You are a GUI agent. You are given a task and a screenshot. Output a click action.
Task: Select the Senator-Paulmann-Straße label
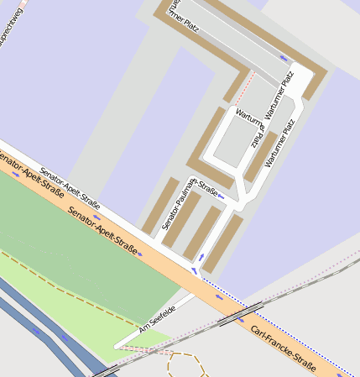click(x=190, y=202)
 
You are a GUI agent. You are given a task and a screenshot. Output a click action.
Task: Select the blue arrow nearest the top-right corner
click(x=283, y=58)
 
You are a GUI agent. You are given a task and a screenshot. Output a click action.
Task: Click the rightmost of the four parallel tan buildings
click(x=223, y=243)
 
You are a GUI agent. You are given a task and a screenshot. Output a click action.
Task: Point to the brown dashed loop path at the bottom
click(x=186, y=364)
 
